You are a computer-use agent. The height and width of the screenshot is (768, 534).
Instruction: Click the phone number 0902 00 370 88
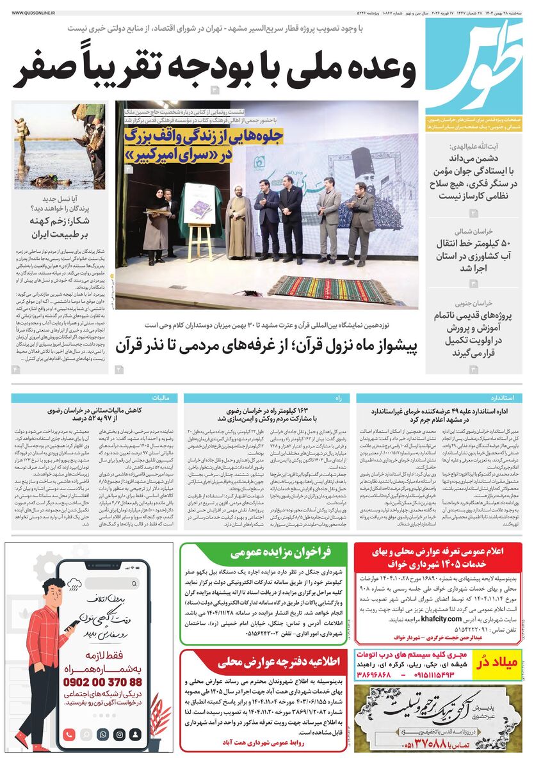coord(102,682)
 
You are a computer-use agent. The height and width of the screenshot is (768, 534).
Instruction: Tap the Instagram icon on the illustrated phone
coord(118,735)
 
